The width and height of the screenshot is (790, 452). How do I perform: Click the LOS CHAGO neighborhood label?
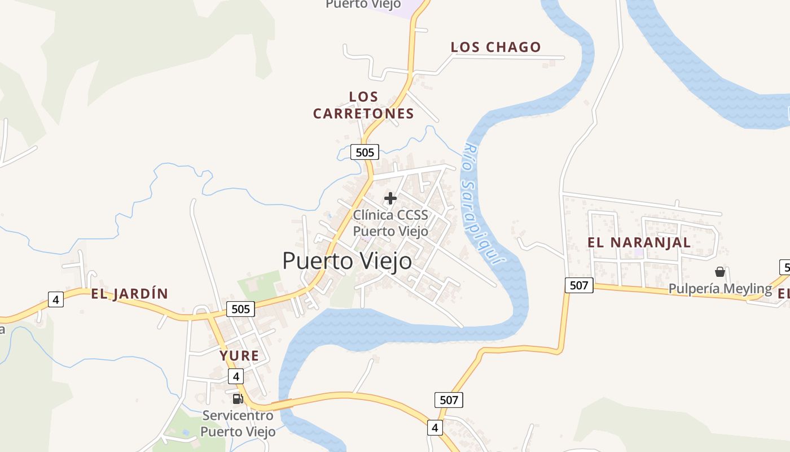[x=495, y=47]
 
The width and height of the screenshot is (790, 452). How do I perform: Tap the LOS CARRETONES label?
[x=363, y=105]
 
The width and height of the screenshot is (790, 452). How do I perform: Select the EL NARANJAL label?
[x=639, y=242]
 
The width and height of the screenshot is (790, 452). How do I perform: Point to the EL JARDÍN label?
[x=130, y=294]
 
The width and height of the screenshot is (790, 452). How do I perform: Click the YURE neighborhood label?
[x=239, y=356]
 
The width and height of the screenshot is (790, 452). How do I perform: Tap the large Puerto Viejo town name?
[x=347, y=261]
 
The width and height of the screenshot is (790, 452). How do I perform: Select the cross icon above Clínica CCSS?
[x=390, y=198]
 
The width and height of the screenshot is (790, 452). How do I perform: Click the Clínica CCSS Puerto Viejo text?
[x=390, y=223]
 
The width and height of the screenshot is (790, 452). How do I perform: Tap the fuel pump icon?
[x=238, y=398]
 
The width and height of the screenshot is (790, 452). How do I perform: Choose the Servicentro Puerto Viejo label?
[x=238, y=424]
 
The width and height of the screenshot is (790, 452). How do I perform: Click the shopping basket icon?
[x=719, y=272]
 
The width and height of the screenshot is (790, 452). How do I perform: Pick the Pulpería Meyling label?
[x=720, y=289]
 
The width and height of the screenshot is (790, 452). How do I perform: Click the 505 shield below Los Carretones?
[x=365, y=152]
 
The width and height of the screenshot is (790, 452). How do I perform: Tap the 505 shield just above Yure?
[x=240, y=309]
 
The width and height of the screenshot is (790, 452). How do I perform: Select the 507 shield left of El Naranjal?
[x=579, y=285]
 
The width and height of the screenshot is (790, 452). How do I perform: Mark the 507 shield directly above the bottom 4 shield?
[x=449, y=400]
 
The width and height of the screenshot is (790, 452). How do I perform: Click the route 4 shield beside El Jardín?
[x=55, y=299]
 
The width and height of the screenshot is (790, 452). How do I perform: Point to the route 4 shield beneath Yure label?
[x=236, y=376]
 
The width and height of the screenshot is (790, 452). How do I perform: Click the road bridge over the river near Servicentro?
[x=282, y=404]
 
